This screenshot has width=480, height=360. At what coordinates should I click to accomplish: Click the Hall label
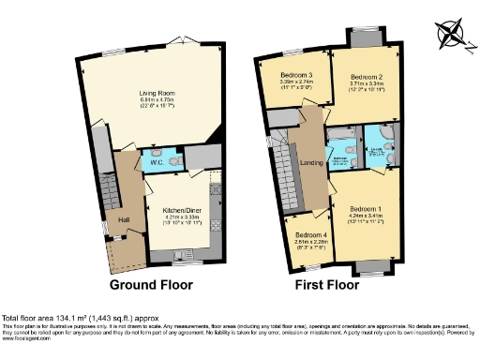click(123, 219)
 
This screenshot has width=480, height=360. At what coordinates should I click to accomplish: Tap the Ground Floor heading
click(151, 284)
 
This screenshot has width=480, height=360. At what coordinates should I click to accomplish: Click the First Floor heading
click(328, 284)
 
